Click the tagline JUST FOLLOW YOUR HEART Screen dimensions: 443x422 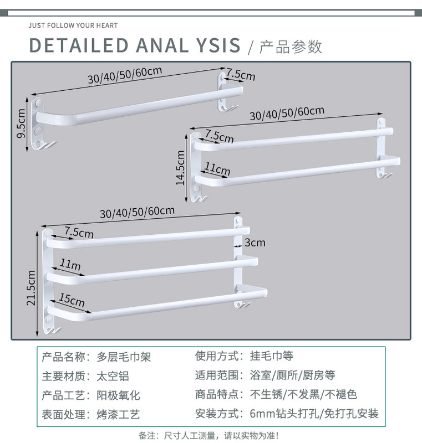[x=73, y=25]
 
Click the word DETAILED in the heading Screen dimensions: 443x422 [x=78, y=45]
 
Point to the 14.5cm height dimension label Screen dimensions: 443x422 [x=181, y=168]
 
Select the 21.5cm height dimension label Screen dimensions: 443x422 [x=31, y=287]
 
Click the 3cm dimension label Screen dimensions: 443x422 [x=255, y=243]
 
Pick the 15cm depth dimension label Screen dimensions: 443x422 [x=72, y=301]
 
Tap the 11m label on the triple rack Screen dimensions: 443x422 [x=70, y=266]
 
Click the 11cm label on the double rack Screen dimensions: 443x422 [x=217, y=169]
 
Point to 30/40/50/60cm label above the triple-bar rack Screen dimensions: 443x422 [x=137, y=211]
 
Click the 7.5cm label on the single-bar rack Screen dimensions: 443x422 [x=240, y=74]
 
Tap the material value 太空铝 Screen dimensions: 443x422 [x=113, y=376]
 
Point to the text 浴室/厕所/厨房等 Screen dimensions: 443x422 [x=292, y=376]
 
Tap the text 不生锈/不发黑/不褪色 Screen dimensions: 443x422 [x=303, y=395]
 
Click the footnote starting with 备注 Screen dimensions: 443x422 [x=209, y=435]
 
